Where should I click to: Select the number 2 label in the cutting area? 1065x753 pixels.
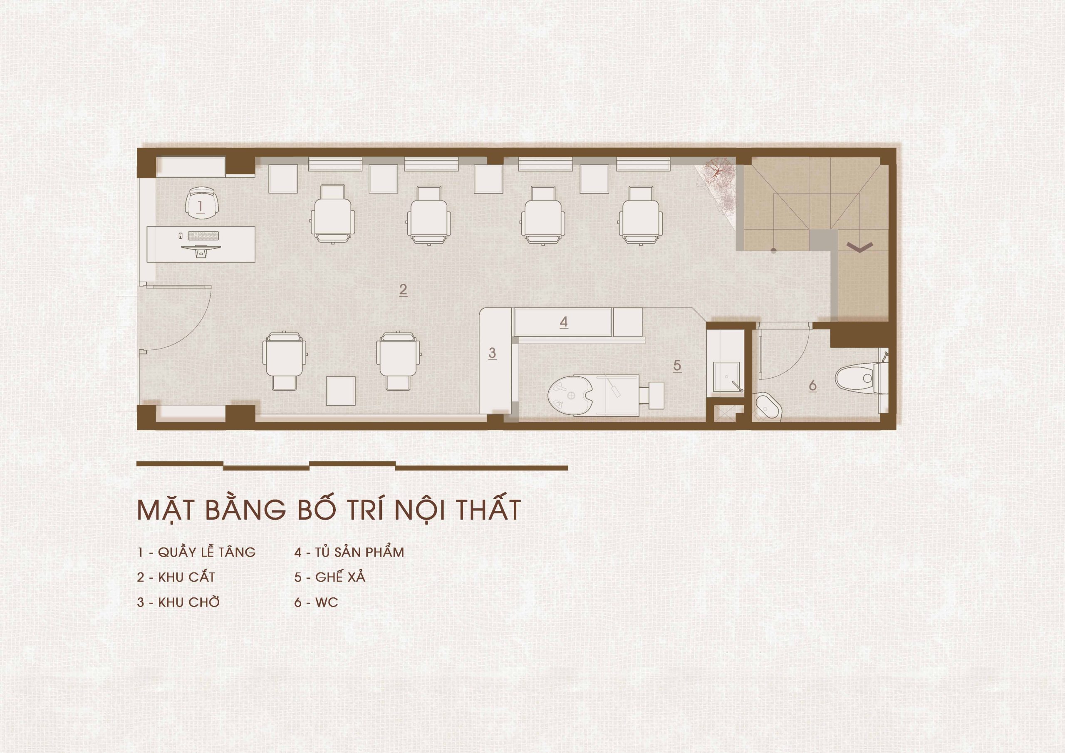coord(403,290)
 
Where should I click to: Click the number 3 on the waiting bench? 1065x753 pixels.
coord(492,353)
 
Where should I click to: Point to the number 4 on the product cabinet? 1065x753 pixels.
coord(564,322)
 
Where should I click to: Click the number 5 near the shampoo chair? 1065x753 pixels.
coord(677,366)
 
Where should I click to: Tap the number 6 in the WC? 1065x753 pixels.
coord(812,386)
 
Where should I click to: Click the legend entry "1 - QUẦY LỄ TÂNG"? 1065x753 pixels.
coord(196,552)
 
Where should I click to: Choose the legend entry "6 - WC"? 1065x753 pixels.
coord(316,603)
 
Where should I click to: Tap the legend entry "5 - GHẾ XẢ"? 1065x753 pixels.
coord(330,577)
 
